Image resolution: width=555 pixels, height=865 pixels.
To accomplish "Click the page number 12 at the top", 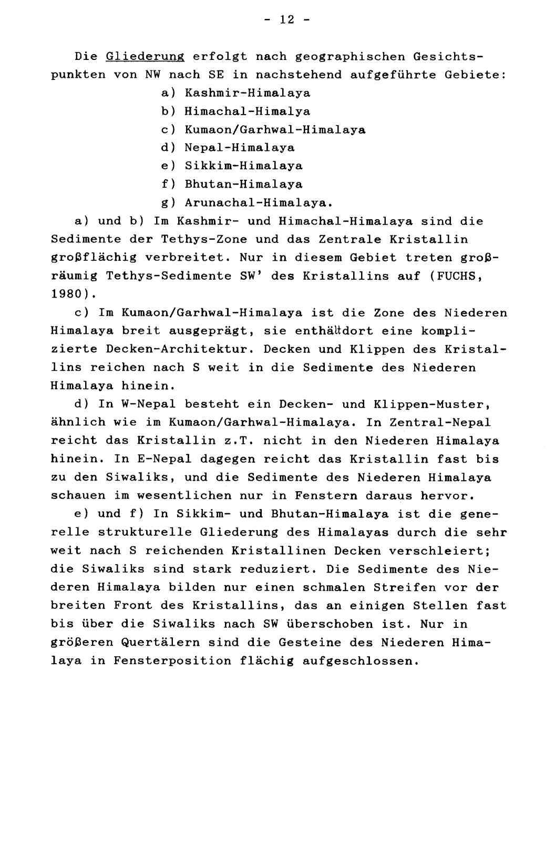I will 286,19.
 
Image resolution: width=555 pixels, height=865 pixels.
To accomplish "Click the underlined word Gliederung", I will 145,56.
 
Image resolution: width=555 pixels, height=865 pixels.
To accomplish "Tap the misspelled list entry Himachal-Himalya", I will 248,111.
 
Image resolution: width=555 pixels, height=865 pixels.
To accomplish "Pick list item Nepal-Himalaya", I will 240,148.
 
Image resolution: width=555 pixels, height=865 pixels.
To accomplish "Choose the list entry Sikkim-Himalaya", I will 243,166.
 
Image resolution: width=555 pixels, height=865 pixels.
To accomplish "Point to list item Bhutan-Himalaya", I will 243,184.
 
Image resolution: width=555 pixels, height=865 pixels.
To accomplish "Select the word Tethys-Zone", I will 204,239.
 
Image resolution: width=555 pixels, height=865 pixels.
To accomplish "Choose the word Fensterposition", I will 172,660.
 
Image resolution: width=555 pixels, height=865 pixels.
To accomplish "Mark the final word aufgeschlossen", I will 362,660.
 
